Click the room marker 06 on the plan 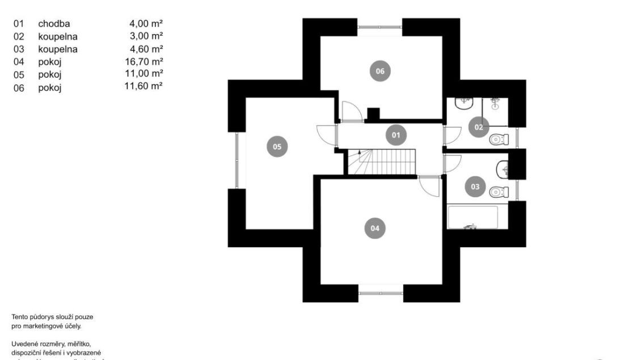(380, 71)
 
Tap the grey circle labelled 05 (277, 146)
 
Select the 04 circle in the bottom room (374, 228)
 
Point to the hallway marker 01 (396, 135)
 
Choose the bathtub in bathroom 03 (472, 217)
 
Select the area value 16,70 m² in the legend (144, 62)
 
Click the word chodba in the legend (54, 24)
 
